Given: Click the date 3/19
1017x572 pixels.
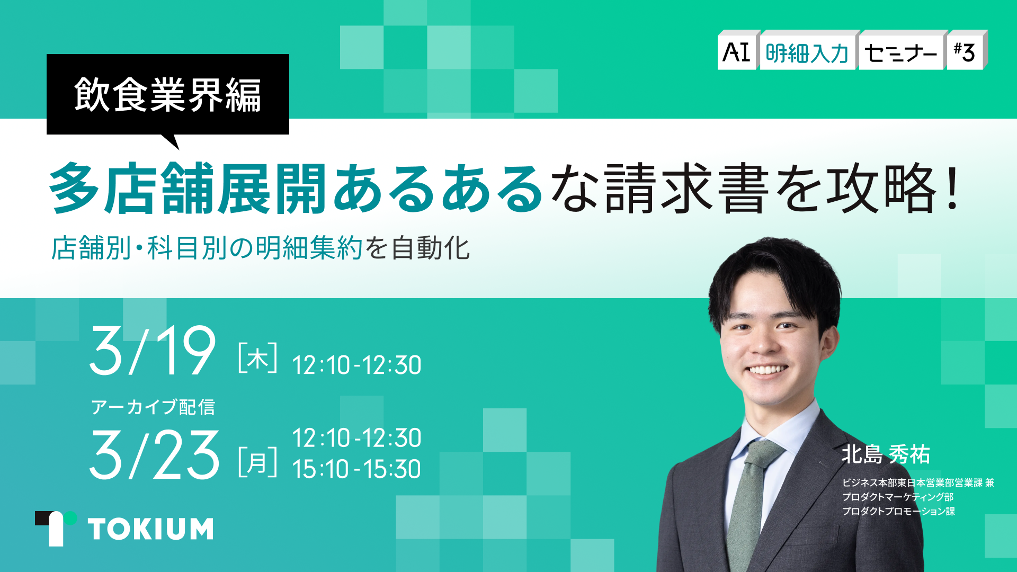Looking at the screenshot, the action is (153, 351).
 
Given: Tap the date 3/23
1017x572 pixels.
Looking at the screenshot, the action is (154, 455).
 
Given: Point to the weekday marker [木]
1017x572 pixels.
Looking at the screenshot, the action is (258, 358).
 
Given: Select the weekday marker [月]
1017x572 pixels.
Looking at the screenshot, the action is (258, 462).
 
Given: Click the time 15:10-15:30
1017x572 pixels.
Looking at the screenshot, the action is (356, 469).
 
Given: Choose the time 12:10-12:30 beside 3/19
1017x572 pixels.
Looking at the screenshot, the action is (356, 365).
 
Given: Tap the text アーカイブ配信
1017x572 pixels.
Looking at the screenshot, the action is (153, 407).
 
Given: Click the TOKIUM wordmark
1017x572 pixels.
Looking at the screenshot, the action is (151, 529).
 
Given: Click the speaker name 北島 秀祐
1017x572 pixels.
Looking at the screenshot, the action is (886, 454).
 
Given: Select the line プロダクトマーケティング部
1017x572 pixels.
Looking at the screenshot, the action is (898, 497).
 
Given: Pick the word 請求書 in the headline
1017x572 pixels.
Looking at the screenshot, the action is (686, 188).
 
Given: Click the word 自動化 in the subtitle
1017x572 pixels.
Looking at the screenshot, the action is (430, 248).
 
